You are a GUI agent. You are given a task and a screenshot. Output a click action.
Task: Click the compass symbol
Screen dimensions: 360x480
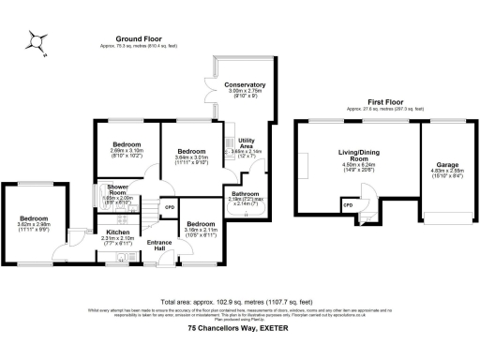pyautogui.click(x=36, y=40)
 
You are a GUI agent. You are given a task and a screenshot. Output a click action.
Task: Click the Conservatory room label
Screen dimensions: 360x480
pyautogui.click(x=245, y=85)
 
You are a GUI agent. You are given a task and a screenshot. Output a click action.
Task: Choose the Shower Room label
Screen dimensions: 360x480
pyautogui.click(x=118, y=190)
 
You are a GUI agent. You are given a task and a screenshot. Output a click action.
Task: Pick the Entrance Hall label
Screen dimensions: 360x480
pyautogui.click(x=160, y=246)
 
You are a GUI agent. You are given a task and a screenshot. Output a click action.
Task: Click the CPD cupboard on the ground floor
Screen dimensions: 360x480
pyautogui.click(x=170, y=206)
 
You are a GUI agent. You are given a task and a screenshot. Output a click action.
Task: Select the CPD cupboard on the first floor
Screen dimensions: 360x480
pyautogui.click(x=347, y=203)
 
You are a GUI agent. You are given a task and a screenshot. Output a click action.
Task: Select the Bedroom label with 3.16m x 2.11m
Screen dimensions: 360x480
pyautogui.click(x=200, y=224)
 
